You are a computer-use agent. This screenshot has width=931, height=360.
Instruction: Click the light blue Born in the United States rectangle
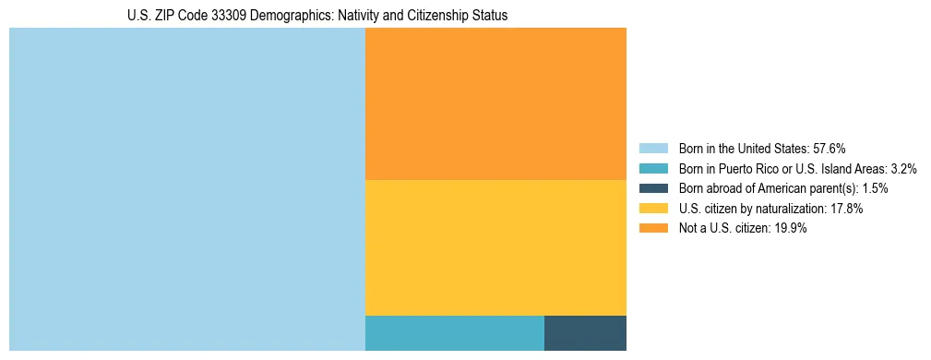point(187,189)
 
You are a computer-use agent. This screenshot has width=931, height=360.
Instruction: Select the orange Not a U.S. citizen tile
point(495,103)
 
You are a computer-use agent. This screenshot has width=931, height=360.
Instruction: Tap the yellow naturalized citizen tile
point(495,247)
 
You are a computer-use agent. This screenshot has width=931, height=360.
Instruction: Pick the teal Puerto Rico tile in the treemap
point(455,332)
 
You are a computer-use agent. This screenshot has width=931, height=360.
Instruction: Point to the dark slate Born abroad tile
point(585,332)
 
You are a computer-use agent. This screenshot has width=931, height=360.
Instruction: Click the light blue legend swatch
point(653,149)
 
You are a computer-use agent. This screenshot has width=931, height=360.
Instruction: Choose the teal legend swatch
point(653,169)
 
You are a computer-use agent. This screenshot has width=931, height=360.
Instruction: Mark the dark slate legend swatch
point(653,188)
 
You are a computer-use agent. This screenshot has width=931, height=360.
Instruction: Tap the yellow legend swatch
point(653,209)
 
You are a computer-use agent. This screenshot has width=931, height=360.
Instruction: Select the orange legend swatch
point(653,229)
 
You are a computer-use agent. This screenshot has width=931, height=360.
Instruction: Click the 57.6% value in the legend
point(830,149)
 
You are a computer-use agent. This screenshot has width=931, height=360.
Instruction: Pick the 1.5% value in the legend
point(875,188)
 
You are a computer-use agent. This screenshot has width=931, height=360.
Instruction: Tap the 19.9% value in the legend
point(790,229)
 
